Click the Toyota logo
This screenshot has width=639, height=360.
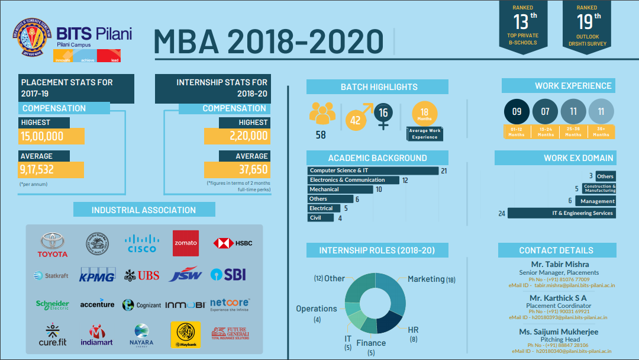pos(53,245)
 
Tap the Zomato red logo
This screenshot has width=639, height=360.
pos(185,243)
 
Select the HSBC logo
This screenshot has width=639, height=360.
pos(233,243)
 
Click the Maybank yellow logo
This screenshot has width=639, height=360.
pos(185,335)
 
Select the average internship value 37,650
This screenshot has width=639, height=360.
pos(237,170)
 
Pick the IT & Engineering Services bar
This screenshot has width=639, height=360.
pos(561,213)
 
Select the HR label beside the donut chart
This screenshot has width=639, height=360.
pos(412,329)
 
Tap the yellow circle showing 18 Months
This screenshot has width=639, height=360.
pos(424,114)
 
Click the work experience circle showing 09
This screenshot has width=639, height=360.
pos(517,111)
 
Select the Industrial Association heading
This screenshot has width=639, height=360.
pos(144,210)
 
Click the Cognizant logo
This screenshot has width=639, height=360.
pos(141,305)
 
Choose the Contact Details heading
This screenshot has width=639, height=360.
pos(556,250)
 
